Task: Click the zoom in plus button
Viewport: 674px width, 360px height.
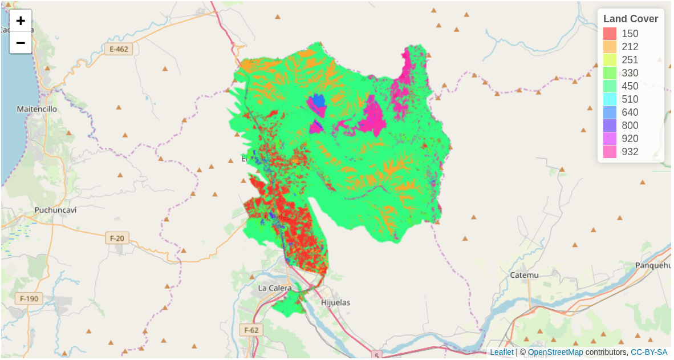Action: point(21,21)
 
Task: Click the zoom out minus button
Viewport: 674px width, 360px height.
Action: point(21,43)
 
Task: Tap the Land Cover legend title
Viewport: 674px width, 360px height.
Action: point(631,19)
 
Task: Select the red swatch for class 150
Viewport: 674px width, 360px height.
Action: point(610,34)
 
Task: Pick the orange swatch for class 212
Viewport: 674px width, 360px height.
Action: point(610,47)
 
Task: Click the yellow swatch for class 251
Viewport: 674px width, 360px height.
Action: point(610,60)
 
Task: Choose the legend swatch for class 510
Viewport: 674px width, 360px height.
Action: point(610,99)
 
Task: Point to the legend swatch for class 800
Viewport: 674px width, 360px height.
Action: point(610,126)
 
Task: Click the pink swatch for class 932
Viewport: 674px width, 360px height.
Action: point(610,152)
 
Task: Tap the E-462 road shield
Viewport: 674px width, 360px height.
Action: point(119,49)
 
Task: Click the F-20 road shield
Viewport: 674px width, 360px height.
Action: point(116,238)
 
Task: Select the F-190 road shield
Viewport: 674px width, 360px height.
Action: point(29,298)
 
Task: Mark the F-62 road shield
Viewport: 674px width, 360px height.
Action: point(251,330)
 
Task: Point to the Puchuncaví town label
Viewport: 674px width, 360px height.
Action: point(55,210)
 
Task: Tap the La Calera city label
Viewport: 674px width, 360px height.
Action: point(275,288)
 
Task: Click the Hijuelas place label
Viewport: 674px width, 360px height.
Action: point(336,302)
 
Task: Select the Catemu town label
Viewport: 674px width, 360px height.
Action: point(524,275)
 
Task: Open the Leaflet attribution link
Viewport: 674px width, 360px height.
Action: point(502,352)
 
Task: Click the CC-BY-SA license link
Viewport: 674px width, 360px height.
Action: point(648,352)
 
